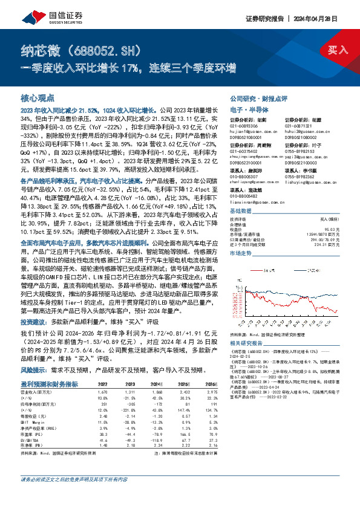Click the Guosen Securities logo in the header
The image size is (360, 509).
point(42,19)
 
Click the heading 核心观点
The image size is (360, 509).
point(38,97)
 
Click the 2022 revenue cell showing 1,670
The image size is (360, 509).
point(101,392)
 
